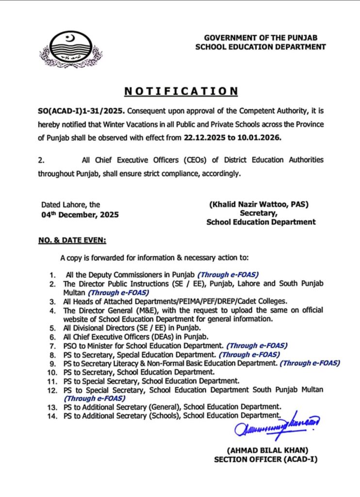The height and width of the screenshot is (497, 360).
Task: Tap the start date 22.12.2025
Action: point(205,137)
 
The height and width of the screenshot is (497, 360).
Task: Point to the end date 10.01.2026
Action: point(259,137)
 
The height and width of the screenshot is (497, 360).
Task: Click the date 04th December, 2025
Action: point(80,214)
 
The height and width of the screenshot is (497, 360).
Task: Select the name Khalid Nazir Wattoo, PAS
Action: point(259,204)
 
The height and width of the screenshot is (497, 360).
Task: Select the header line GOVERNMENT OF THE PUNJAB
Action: point(265,38)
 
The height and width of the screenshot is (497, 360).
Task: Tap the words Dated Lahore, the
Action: point(71,205)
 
